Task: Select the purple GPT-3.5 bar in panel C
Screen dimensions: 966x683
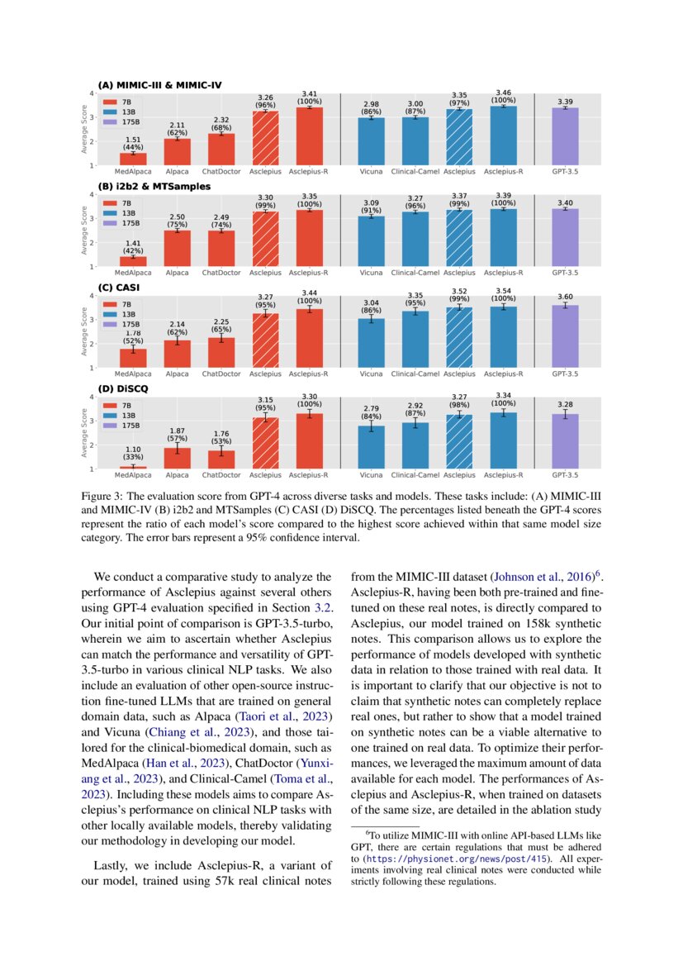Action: point(565,335)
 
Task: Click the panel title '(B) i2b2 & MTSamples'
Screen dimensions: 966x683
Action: point(154,188)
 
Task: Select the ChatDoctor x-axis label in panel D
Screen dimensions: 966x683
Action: point(221,475)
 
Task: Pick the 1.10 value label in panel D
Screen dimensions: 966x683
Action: point(133,450)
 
